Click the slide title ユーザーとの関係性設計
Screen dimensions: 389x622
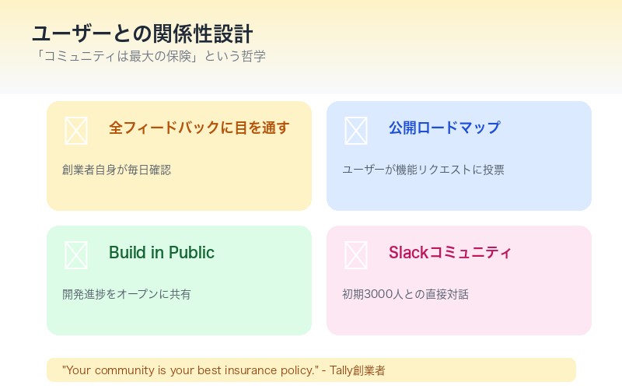pos(142,34)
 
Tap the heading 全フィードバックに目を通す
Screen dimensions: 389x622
pos(199,128)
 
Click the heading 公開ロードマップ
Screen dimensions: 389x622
pos(445,128)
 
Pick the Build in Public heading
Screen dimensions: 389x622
pos(162,253)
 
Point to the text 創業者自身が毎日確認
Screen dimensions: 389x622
pos(117,170)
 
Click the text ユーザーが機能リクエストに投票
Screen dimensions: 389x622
pos(423,170)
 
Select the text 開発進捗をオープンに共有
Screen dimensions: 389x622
pos(127,294)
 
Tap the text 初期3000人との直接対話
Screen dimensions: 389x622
pos(405,294)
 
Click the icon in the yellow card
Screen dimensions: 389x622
pos(75,131)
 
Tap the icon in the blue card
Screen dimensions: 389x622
pos(355,131)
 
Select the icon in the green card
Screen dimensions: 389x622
pos(75,255)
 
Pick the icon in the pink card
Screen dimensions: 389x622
pos(355,255)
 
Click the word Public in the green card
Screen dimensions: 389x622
pos(191,253)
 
